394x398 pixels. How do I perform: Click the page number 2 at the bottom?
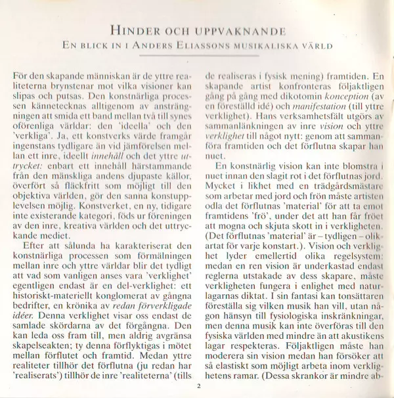coord(197,385)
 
